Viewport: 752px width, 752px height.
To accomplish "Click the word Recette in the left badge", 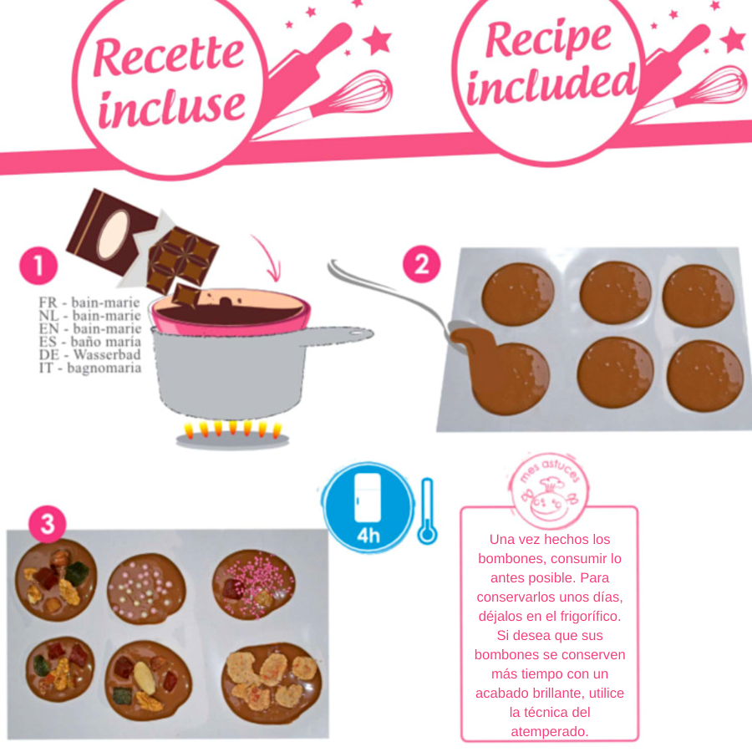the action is [x=169, y=56].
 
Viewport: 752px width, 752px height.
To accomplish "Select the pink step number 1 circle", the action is [x=38, y=265].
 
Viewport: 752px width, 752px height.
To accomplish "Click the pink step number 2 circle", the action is [x=422, y=264].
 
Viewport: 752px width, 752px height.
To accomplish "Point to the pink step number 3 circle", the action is [x=47, y=524].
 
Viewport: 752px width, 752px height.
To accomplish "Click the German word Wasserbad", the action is [x=107, y=354].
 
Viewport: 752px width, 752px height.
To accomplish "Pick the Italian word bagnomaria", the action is [x=104, y=368].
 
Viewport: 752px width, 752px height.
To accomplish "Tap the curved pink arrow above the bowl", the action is [x=267, y=257].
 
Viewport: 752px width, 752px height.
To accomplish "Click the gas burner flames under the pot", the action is [x=232, y=429].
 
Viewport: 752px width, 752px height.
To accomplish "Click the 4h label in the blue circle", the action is [x=368, y=536].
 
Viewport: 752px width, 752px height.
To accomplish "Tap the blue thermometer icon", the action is [x=427, y=511].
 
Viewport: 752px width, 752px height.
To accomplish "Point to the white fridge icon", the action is [x=368, y=498].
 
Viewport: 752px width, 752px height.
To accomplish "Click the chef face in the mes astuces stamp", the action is [x=550, y=501].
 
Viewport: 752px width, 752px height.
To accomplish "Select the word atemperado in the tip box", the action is [x=550, y=731].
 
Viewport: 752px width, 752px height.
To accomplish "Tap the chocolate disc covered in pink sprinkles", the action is [x=254, y=584].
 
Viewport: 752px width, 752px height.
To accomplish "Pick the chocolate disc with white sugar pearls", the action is [x=147, y=588].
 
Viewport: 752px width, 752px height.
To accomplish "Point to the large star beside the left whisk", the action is [x=378, y=40].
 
